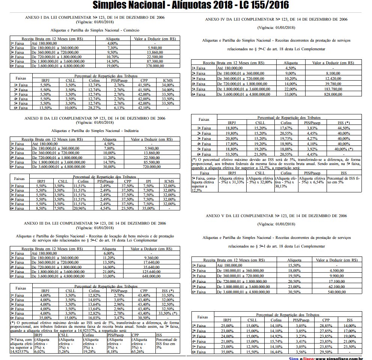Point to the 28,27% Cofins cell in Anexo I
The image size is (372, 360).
(x=94, y=108)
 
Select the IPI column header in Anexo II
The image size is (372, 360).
(x=148, y=181)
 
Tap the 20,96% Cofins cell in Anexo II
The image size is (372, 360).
(x=80, y=208)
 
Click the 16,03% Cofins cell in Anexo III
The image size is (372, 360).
(x=94, y=318)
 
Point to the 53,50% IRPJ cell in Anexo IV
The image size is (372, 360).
(x=232, y=154)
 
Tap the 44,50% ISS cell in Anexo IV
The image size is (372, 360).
(x=343, y=128)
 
